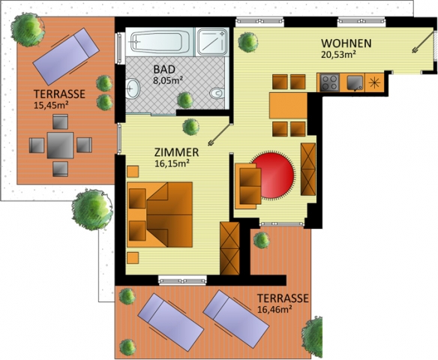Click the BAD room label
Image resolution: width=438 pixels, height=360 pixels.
pos(164,69)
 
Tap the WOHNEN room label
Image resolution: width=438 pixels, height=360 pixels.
pos(346,43)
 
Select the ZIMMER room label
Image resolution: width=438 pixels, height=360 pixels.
pos(176,153)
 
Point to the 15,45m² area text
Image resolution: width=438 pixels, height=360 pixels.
pos(52,105)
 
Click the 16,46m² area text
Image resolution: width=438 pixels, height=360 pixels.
pos(274,310)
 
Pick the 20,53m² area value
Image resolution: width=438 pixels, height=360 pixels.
pos(338,54)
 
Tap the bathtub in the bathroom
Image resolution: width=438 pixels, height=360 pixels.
pos(160,42)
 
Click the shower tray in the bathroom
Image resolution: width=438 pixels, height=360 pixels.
pos(212,42)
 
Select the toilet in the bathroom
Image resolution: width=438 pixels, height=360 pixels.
pos(217,93)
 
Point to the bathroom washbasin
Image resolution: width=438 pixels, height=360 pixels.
pos(132,88)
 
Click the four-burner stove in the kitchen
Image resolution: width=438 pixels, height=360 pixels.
pos(329,82)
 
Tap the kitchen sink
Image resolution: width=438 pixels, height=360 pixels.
pos(355,82)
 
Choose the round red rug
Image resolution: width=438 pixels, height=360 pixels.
pos(273,175)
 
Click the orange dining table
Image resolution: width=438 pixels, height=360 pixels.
pos(288,106)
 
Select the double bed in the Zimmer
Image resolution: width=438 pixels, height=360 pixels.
pos(160,214)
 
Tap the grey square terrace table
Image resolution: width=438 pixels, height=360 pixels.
pos(60,145)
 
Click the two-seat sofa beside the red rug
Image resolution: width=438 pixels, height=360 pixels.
pos(248,186)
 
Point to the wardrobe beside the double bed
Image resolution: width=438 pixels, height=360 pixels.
pos(229,248)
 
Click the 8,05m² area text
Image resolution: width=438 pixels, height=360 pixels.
pos(168,81)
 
